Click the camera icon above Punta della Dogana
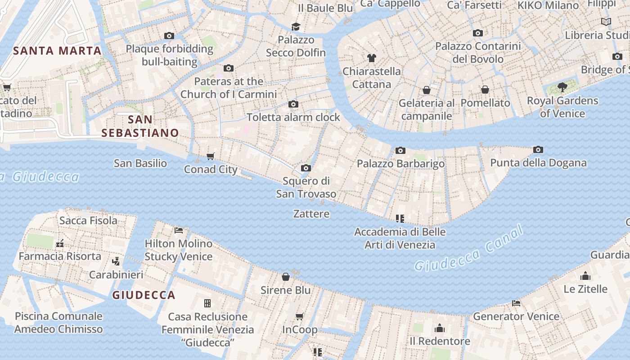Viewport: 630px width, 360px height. [x=538, y=150]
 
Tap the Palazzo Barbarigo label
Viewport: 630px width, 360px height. [x=400, y=164]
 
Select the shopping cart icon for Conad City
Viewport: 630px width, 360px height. [x=210, y=156]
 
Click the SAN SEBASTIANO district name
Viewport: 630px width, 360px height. [x=140, y=126]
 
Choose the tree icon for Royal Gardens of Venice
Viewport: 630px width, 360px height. [x=562, y=87]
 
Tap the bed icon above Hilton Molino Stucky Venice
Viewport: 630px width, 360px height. [x=179, y=230]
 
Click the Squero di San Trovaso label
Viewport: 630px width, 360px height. [x=306, y=187]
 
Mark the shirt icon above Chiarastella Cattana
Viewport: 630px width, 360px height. [x=372, y=58]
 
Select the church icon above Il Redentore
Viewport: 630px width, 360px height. [x=440, y=328]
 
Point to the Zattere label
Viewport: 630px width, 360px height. [x=311, y=214]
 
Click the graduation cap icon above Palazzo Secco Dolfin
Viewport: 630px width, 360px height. [x=296, y=27]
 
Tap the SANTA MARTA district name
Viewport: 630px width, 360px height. [x=57, y=51]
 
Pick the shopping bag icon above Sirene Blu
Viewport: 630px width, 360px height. [x=286, y=277]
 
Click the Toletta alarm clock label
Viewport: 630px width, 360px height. [x=293, y=117]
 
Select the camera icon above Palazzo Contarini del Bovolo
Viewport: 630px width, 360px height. [x=478, y=33]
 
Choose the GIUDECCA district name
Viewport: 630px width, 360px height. [x=144, y=295]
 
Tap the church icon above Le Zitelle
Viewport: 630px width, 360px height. [x=585, y=275]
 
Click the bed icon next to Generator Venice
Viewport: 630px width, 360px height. [x=516, y=303]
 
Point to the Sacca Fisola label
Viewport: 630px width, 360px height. [x=88, y=220]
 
